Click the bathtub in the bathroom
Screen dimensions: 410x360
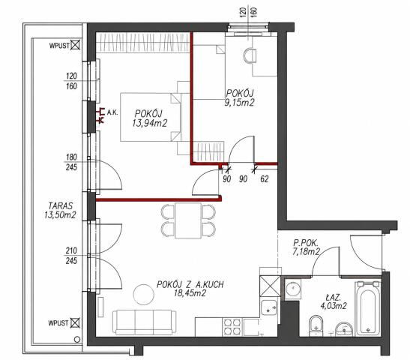[368, 309]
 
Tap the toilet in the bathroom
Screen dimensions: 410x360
[316, 326]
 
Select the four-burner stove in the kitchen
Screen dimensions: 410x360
[232, 327]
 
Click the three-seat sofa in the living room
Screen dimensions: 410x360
[145, 322]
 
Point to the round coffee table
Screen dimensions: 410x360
[144, 294]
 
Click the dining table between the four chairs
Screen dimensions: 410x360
[188, 220]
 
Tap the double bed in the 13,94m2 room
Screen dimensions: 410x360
[151, 117]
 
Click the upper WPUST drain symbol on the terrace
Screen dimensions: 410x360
[75, 45]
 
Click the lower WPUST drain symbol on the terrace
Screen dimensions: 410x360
[75, 322]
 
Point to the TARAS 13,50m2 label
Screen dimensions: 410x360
[60, 210]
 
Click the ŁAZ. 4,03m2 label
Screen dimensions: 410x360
[334, 301]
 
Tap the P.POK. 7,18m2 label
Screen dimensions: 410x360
[307, 247]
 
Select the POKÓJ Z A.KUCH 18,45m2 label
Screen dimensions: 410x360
[190, 289]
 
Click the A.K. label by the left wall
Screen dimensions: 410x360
[112, 112]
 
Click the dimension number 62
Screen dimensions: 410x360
[265, 179]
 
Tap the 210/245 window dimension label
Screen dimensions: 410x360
[71, 256]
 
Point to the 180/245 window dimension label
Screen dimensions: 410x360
[71, 162]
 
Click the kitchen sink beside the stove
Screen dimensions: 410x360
[269, 307]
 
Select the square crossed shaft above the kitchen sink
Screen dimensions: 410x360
[271, 286]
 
